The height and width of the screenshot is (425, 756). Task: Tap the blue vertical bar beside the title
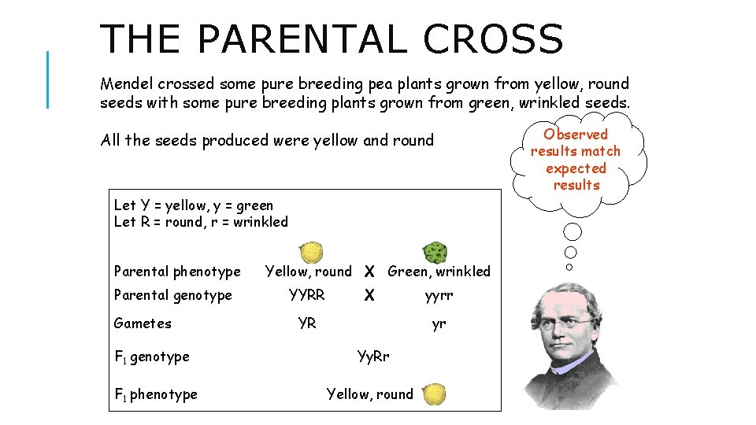[x=48, y=79]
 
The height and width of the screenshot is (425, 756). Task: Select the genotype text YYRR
[x=307, y=295]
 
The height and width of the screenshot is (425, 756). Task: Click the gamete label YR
[x=307, y=323]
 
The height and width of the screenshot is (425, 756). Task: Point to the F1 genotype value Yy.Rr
[x=373, y=357]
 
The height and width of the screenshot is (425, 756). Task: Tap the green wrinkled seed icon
[x=435, y=253]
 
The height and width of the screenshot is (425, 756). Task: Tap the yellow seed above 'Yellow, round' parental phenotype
[x=311, y=253]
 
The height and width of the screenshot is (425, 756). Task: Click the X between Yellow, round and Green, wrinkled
[x=369, y=272]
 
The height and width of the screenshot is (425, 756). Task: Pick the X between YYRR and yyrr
[x=369, y=296]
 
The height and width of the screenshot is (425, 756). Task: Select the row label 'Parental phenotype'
[x=177, y=272]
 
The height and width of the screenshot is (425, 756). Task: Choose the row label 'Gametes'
[x=143, y=323]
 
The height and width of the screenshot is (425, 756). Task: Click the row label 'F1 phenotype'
[x=156, y=394]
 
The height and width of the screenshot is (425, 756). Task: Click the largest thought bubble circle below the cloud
[x=573, y=232]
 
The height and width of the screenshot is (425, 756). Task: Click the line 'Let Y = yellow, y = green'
[x=194, y=205]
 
